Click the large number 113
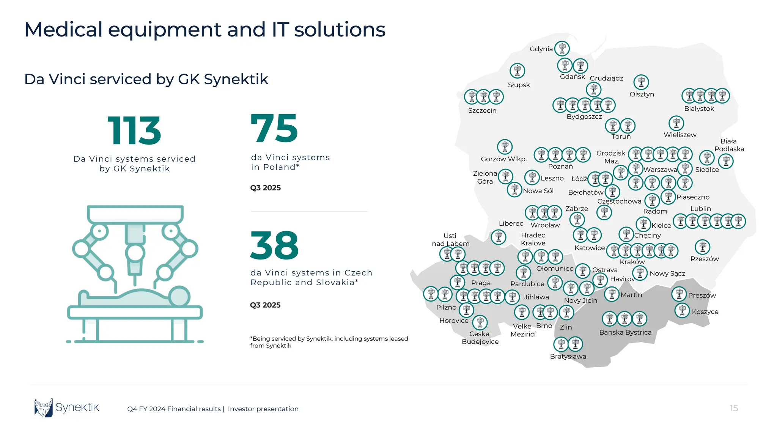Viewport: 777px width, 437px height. click(134, 131)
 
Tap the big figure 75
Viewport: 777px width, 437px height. click(274, 129)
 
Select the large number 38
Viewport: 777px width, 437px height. click(274, 245)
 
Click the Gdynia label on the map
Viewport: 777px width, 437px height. click(541, 49)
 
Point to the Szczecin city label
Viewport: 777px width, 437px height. click(482, 110)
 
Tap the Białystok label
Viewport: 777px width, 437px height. click(699, 108)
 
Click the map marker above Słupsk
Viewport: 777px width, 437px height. click(517, 71)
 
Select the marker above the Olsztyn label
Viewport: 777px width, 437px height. click(641, 82)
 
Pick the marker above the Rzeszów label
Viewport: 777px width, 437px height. click(702, 247)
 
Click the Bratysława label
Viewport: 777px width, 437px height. click(568, 356)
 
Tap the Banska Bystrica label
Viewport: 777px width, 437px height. click(625, 332)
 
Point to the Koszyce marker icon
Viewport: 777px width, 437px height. click(682, 311)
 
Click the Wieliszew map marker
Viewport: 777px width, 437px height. click(676, 123)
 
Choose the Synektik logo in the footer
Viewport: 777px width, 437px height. click(67, 408)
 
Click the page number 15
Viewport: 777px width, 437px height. click(734, 408)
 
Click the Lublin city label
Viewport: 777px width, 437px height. click(700, 209)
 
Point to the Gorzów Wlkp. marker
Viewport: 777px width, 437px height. click(505, 146)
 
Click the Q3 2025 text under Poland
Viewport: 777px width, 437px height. click(266, 188)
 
